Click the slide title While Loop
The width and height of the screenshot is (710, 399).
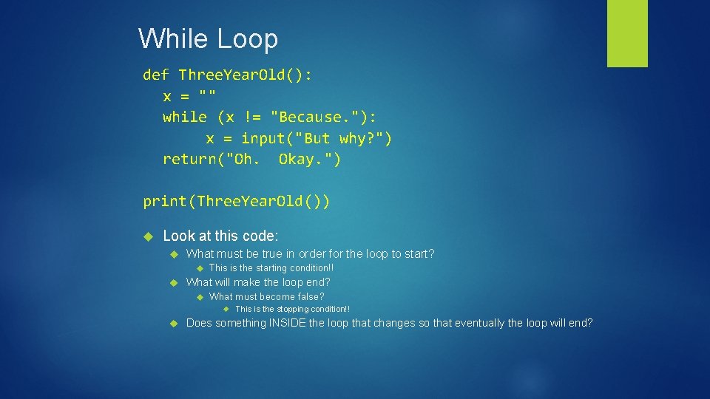click(208, 38)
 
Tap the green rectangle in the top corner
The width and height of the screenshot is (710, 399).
click(627, 33)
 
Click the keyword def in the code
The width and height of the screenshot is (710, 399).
click(156, 75)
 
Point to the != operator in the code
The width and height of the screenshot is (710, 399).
click(252, 117)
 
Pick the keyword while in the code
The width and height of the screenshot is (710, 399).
click(185, 117)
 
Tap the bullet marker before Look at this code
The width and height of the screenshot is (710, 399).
click(146, 236)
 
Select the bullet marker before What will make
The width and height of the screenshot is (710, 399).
click(174, 282)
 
